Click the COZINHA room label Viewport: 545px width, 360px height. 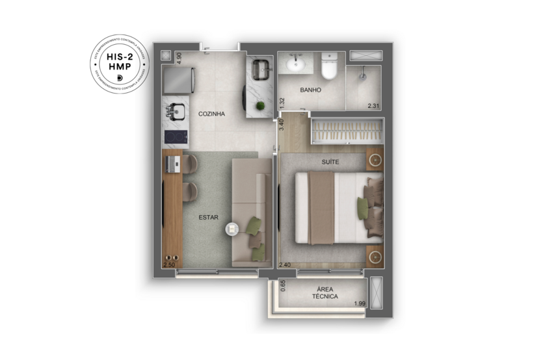point(211,114)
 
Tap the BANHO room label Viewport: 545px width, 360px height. point(310,90)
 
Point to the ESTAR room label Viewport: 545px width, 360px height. point(209,218)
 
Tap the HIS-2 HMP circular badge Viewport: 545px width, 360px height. point(120,64)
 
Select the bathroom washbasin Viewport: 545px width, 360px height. point(296,64)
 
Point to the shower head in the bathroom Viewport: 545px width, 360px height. point(363,75)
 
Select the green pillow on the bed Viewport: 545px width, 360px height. point(362,207)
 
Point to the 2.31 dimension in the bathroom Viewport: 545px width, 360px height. point(373,105)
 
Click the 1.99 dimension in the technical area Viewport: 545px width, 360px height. point(360,303)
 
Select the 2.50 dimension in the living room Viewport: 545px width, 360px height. point(169,265)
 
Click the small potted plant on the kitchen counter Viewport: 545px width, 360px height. point(261,106)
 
